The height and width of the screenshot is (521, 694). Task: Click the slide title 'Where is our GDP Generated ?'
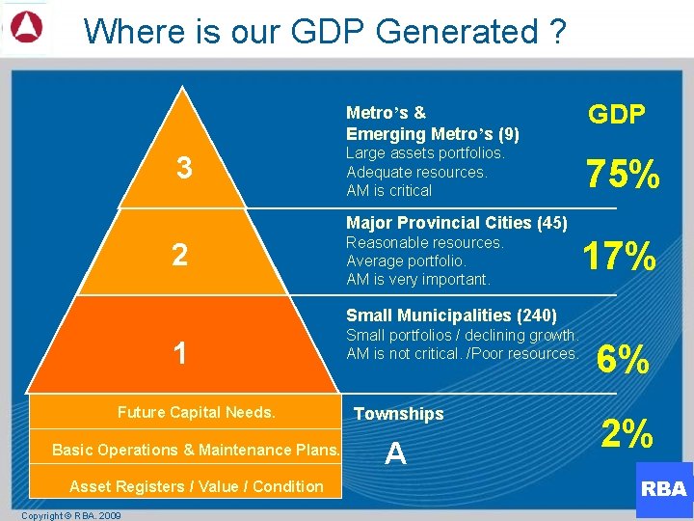pyautogui.click(x=325, y=31)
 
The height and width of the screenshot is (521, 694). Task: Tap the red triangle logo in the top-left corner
pyautogui.click(x=26, y=28)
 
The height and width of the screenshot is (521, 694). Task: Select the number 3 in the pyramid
pyautogui.click(x=184, y=169)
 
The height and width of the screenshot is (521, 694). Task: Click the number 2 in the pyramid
pyautogui.click(x=179, y=256)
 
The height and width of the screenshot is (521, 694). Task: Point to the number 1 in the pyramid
pyautogui.click(x=179, y=353)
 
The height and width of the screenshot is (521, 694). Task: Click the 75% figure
pyautogui.click(x=624, y=175)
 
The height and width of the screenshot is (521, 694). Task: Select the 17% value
pyautogui.click(x=620, y=258)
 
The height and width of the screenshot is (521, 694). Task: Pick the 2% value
pyautogui.click(x=627, y=433)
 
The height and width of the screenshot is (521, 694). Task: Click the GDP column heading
pyautogui.click(x=616, y=116)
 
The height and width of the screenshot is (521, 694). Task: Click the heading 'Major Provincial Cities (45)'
pyautogui.click(x=456, y=223)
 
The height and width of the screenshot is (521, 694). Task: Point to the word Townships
pyautogui.click(x=398, y=414)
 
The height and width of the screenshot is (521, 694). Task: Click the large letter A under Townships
pyautogui.click(x=395, y=453)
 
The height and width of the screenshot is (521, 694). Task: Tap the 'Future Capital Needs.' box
pyautogui.click(x=196, y=412)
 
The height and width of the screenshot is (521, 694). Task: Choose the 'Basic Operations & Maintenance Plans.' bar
pyautogui.click(x=196, y=450)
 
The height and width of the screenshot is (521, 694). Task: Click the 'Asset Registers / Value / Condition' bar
pyautogui.click(x=196, y=486)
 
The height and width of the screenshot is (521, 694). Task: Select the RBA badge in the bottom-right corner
pyautogui.click(x=663, y=488)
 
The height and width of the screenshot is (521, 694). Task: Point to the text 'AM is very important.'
pyautogui.click(x=417, y=280)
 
